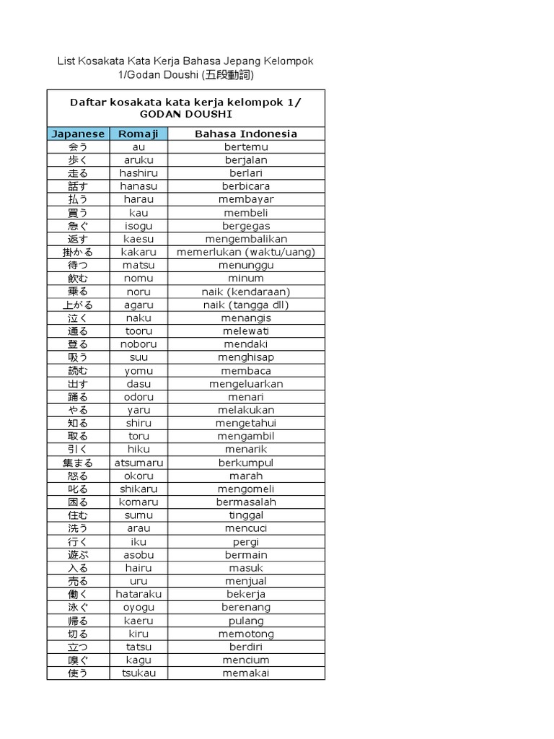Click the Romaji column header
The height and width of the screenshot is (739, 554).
(x=138, y=134)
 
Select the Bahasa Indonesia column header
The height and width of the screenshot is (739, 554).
(x=246, y=134)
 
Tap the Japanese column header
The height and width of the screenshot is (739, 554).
(x=78, y=134)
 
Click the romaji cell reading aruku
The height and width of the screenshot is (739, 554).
(x=138, y=159)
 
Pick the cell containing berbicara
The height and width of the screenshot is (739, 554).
(x=246, y=186)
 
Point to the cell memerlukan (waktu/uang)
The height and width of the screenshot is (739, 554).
(x=246, y=252)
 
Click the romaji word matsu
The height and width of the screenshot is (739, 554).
(x=138, y=265)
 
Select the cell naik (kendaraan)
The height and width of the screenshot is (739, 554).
(x=246, y=292)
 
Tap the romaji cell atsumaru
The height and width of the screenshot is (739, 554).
(x=138, y=463)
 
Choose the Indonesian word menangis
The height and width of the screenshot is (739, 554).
(x=246, y=318)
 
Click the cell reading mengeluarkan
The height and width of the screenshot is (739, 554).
(x=246, y=384)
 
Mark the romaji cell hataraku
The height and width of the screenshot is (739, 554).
(x=138, y=594)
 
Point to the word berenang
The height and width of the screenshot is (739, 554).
(x=246, y=607)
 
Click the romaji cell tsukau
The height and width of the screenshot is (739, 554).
(x=138, y=673)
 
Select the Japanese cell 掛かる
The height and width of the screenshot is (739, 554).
(x=78, y=252)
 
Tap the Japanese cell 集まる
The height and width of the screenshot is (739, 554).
(x=78, y=463)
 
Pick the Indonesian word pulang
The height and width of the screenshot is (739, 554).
(x=246, y=621)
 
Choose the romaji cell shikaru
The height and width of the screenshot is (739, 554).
(x=138, y=489)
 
